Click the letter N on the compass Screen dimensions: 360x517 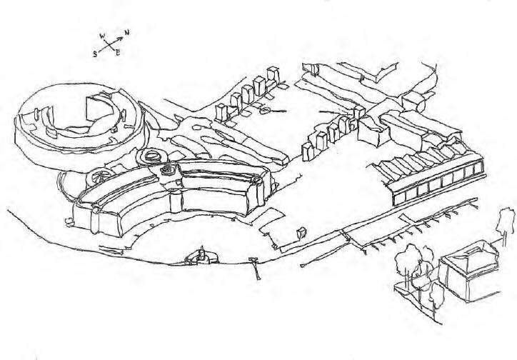[x=126, y=33]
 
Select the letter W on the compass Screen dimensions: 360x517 [x=103, y=34]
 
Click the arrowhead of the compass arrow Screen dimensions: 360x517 [x=121, y=37]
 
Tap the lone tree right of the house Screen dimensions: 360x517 [x=506, y=221]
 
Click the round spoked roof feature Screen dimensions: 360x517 [x=99, y=175]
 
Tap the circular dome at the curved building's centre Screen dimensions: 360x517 [x=169, y=170]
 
